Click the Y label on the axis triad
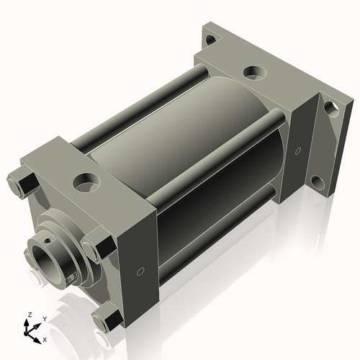(x=44, y=318)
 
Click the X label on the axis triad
(x=45, y=338)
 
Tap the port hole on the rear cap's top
(x=253, y=72)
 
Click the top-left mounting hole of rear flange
(x=209, y=41)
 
